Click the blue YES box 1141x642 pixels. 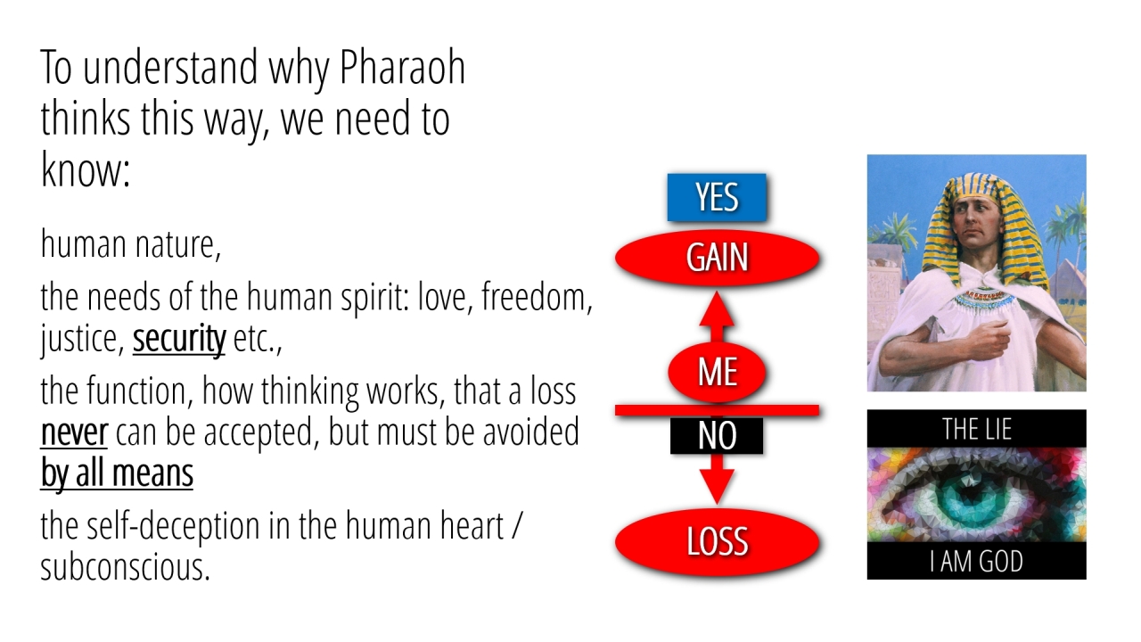pos(717,197)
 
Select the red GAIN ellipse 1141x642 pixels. pos(718,258)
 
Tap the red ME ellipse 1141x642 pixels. pos(718,372)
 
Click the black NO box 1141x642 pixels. pos(717,436)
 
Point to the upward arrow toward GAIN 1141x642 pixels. pos(717,317)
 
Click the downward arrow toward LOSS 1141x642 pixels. pos(717,479)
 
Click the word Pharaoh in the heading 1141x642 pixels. pos(402,67)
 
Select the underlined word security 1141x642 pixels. pos(179,339)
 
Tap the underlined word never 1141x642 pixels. pos(74,432)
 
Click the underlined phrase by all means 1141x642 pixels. pos(117,473)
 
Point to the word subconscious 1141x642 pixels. pos(124,567)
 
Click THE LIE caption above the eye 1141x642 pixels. pos(976,429)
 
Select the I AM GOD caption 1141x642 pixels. pos(976,562)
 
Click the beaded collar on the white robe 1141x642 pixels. pos(984,299)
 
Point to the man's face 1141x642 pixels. pos(975,223)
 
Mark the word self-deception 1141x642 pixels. pos(173,526)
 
